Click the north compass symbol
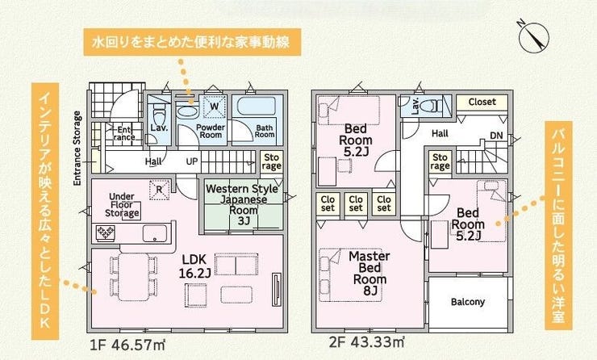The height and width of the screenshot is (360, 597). [534, 37]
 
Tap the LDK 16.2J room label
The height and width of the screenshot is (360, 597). [194, 266]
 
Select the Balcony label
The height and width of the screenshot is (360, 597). [468, 302]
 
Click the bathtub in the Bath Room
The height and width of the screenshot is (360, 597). [257, 107]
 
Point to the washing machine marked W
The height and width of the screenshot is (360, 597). [214, 107]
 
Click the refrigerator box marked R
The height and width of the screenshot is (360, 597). [159, 190]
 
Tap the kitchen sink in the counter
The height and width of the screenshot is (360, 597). [155, 233]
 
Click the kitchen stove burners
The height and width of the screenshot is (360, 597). [106, 232]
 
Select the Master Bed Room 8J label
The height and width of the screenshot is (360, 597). [369, 273]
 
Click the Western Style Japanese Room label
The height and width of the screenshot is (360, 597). [242, 204]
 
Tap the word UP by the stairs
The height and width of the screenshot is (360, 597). [192, 161]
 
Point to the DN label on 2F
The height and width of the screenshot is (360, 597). [496, 136]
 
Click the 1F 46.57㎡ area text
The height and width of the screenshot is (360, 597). [127, 345]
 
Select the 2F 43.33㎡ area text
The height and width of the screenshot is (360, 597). [366, 341]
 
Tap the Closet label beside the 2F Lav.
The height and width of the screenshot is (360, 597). [482, 102]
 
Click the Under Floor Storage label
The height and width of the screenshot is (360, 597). [122, 205]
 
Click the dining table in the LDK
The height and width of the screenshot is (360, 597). [133, 276]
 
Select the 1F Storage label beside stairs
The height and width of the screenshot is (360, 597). [271, 162]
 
